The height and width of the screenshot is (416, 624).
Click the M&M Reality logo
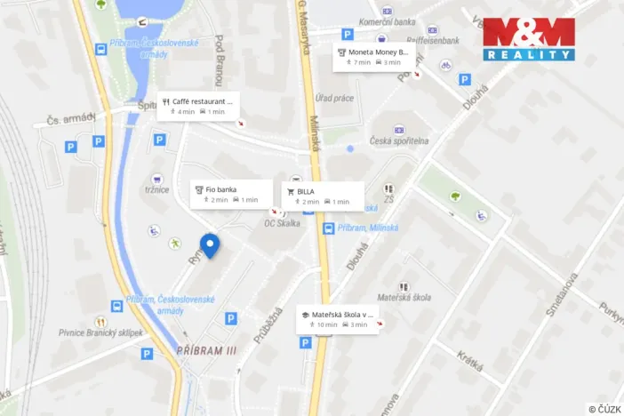coord(528,39)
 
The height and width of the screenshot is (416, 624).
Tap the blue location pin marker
coord(210,244)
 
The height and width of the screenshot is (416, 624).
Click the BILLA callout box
coord(323,196)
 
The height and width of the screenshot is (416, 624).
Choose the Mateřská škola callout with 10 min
coord(341,319)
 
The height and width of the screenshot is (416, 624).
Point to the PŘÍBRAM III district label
coord(206,351)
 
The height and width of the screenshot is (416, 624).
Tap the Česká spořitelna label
coord(399,141)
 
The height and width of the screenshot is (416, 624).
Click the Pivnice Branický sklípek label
coord(101,332)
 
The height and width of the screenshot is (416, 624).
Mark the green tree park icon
coord(456,196)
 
